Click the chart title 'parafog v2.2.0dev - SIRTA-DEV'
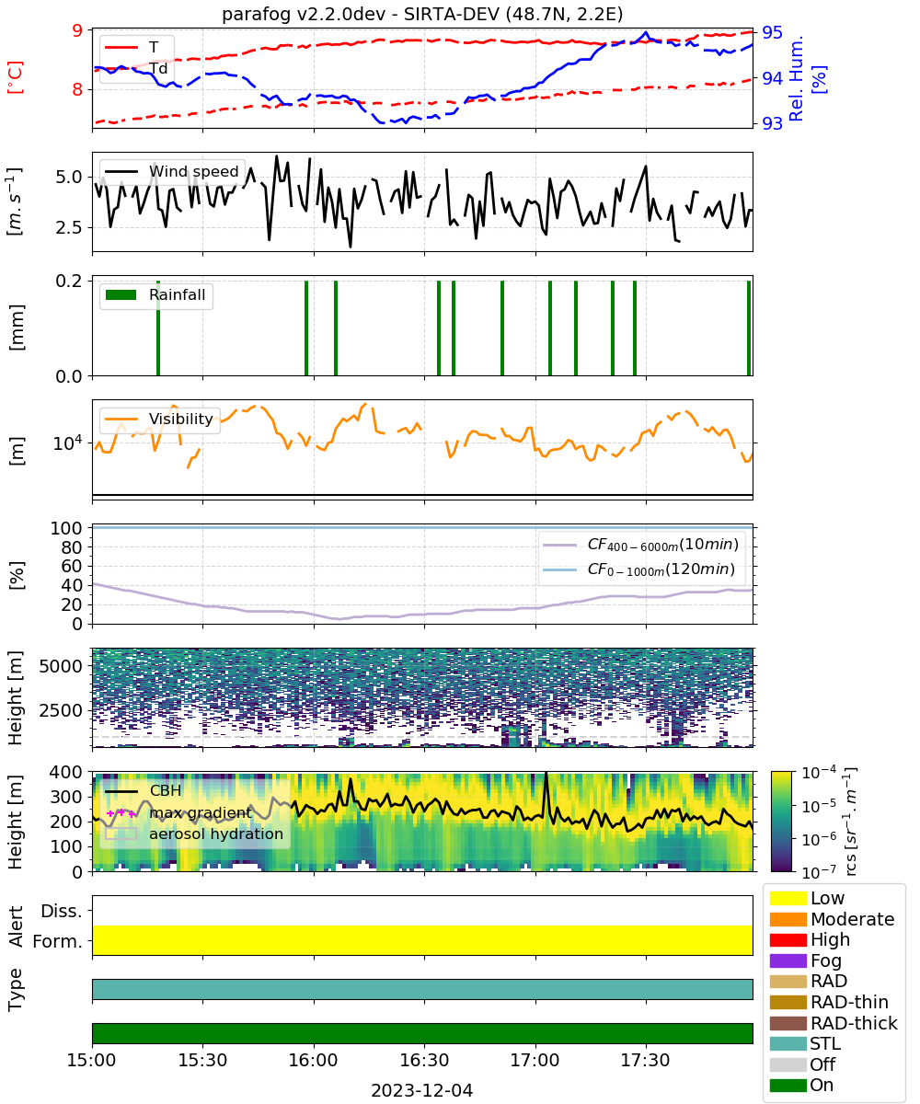[362, 14]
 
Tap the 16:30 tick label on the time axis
[424, 1060]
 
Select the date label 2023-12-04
[422, 1090]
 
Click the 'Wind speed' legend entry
[172, 171]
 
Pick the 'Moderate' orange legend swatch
[788, 919]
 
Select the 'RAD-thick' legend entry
[834, 1023]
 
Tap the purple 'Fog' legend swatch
[788, 960]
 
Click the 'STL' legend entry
[805, 1043]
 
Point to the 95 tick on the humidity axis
[772, 33]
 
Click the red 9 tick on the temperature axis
[77, 30]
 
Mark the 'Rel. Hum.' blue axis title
[797, 78]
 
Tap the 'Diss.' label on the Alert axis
[62, 911]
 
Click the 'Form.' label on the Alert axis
[58, 942]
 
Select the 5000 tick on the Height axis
[61, 666]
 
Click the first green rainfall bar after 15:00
[158, 328]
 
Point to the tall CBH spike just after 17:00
[546, 796]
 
